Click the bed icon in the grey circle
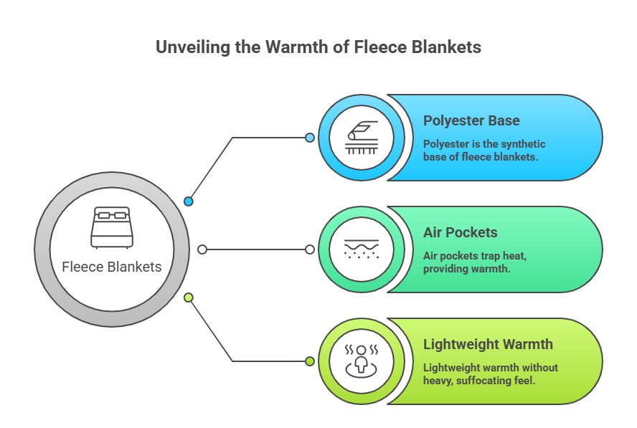tap(112, 227)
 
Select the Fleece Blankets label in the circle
tap(112, 267)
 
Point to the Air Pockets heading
tap(460, 232)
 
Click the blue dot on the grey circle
tap(189, 201)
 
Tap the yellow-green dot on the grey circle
tap(189, 298)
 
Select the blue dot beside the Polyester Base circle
tap(309, 137)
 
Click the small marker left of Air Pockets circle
tap(309, 249)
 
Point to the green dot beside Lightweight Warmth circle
tap(309, 361)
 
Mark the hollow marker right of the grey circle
tap(202, 249)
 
